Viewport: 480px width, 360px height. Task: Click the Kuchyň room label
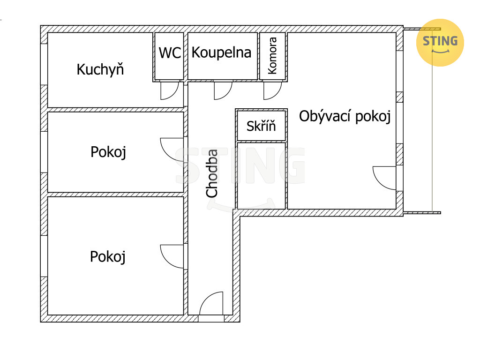[100, 70]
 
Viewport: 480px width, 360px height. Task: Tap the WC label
[170, 53]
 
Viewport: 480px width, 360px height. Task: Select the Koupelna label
[221, 52]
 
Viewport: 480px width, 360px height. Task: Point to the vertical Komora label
[272, 55]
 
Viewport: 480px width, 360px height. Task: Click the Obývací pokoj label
[345, 117]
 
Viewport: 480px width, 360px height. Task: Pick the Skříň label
[261, 126]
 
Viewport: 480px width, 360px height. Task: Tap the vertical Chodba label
[212, 173]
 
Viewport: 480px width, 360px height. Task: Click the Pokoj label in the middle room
[108, 152]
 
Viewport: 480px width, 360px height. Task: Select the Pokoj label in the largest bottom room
[108, 257]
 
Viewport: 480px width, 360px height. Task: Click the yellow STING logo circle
[440, 43]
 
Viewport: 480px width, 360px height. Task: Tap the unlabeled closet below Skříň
[261, 175]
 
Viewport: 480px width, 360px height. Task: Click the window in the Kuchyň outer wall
[44, 64]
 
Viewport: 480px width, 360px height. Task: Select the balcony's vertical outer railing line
[432, 121]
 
